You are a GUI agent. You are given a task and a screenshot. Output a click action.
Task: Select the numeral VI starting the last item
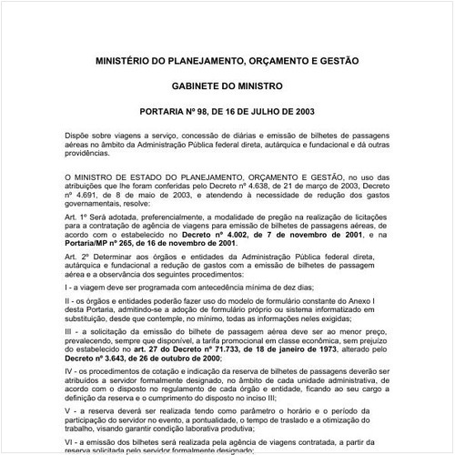pyautogui.click(x=70, y=440)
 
